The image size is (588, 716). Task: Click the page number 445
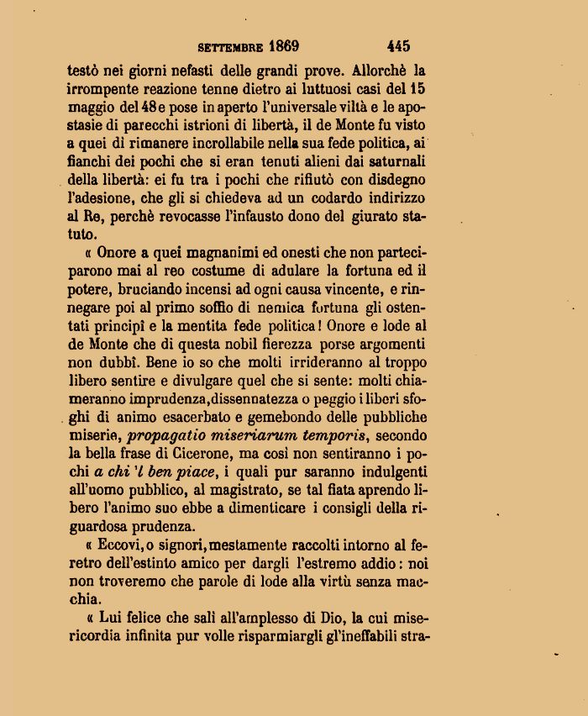point(398,46)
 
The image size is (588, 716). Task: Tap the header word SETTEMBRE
point(231,47)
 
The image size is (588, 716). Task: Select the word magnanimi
point(201,251)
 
